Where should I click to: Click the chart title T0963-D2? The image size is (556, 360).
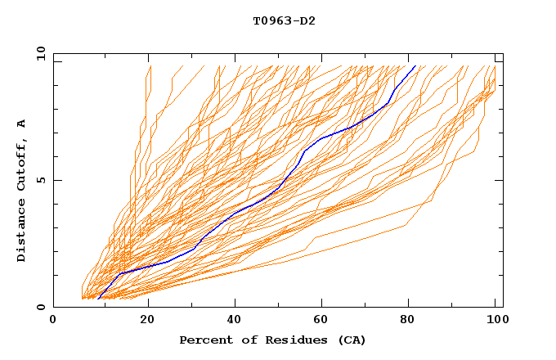284,20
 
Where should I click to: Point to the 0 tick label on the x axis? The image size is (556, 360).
53,320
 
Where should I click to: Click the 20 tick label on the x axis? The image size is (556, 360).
147,320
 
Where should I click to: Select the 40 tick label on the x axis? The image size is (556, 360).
235,320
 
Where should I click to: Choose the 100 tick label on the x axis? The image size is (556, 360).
494,320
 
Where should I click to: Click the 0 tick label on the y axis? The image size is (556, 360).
41,307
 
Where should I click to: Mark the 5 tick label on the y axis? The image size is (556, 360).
41,180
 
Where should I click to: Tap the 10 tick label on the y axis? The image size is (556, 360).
38,53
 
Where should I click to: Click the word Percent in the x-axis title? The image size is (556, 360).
202,340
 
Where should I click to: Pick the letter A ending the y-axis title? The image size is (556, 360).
21,124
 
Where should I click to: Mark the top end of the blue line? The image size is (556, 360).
415,65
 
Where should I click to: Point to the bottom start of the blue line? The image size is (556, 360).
98,299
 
